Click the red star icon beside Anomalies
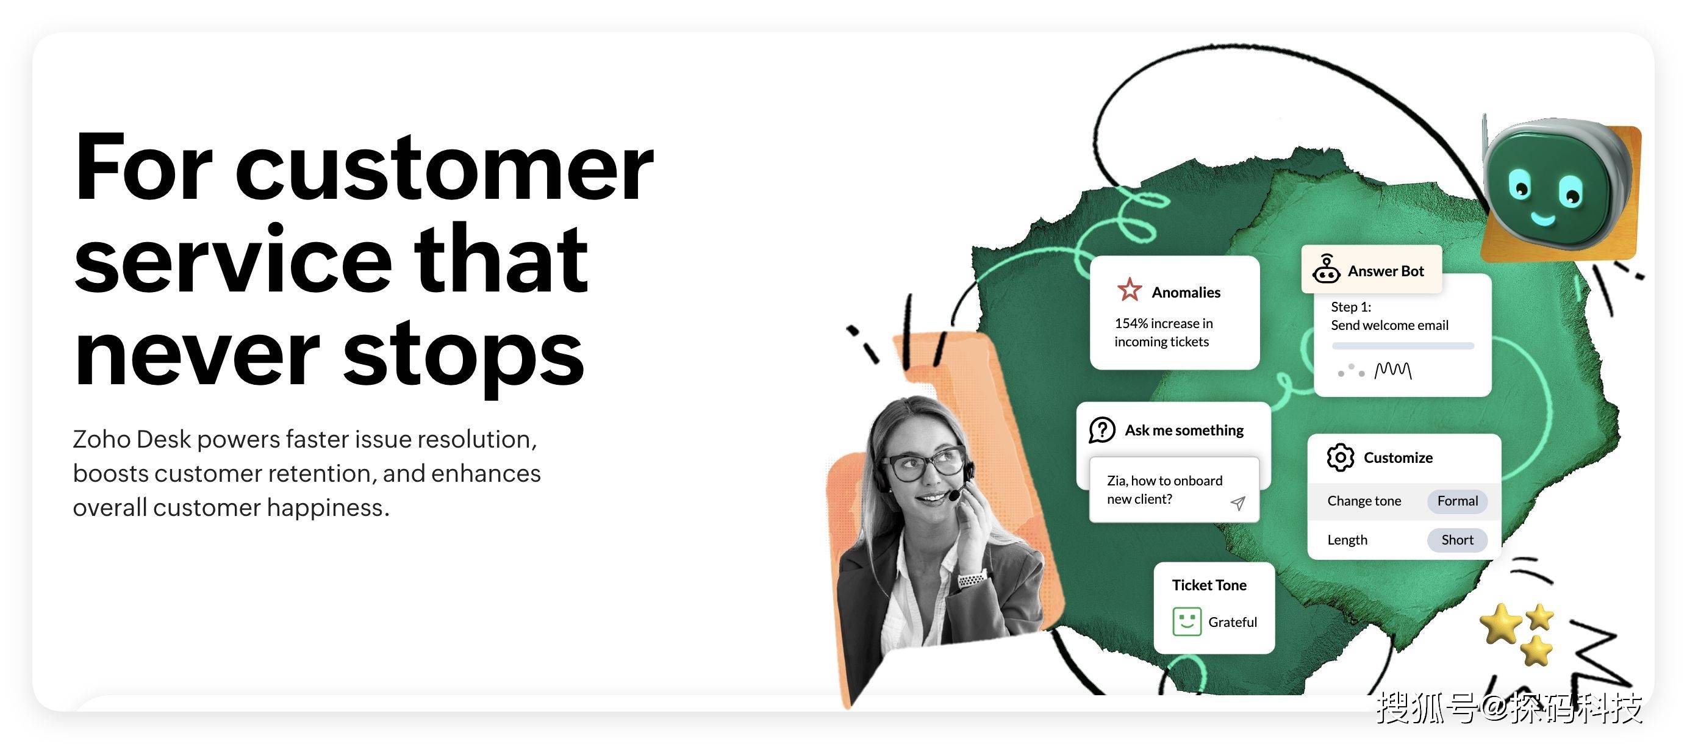1130,290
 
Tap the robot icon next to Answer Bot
1326,268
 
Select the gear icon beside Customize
1341,457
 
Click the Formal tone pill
1457,501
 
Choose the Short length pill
1457,540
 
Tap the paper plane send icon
1237,503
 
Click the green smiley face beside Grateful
1187,621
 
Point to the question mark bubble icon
1102,431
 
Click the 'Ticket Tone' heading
1209,585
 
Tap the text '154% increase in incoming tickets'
1164,332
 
